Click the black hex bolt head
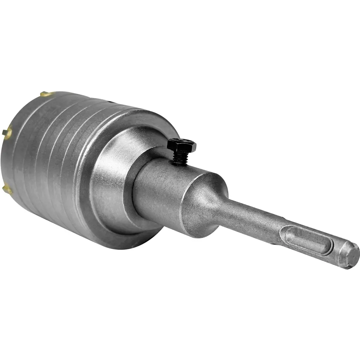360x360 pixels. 181,145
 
